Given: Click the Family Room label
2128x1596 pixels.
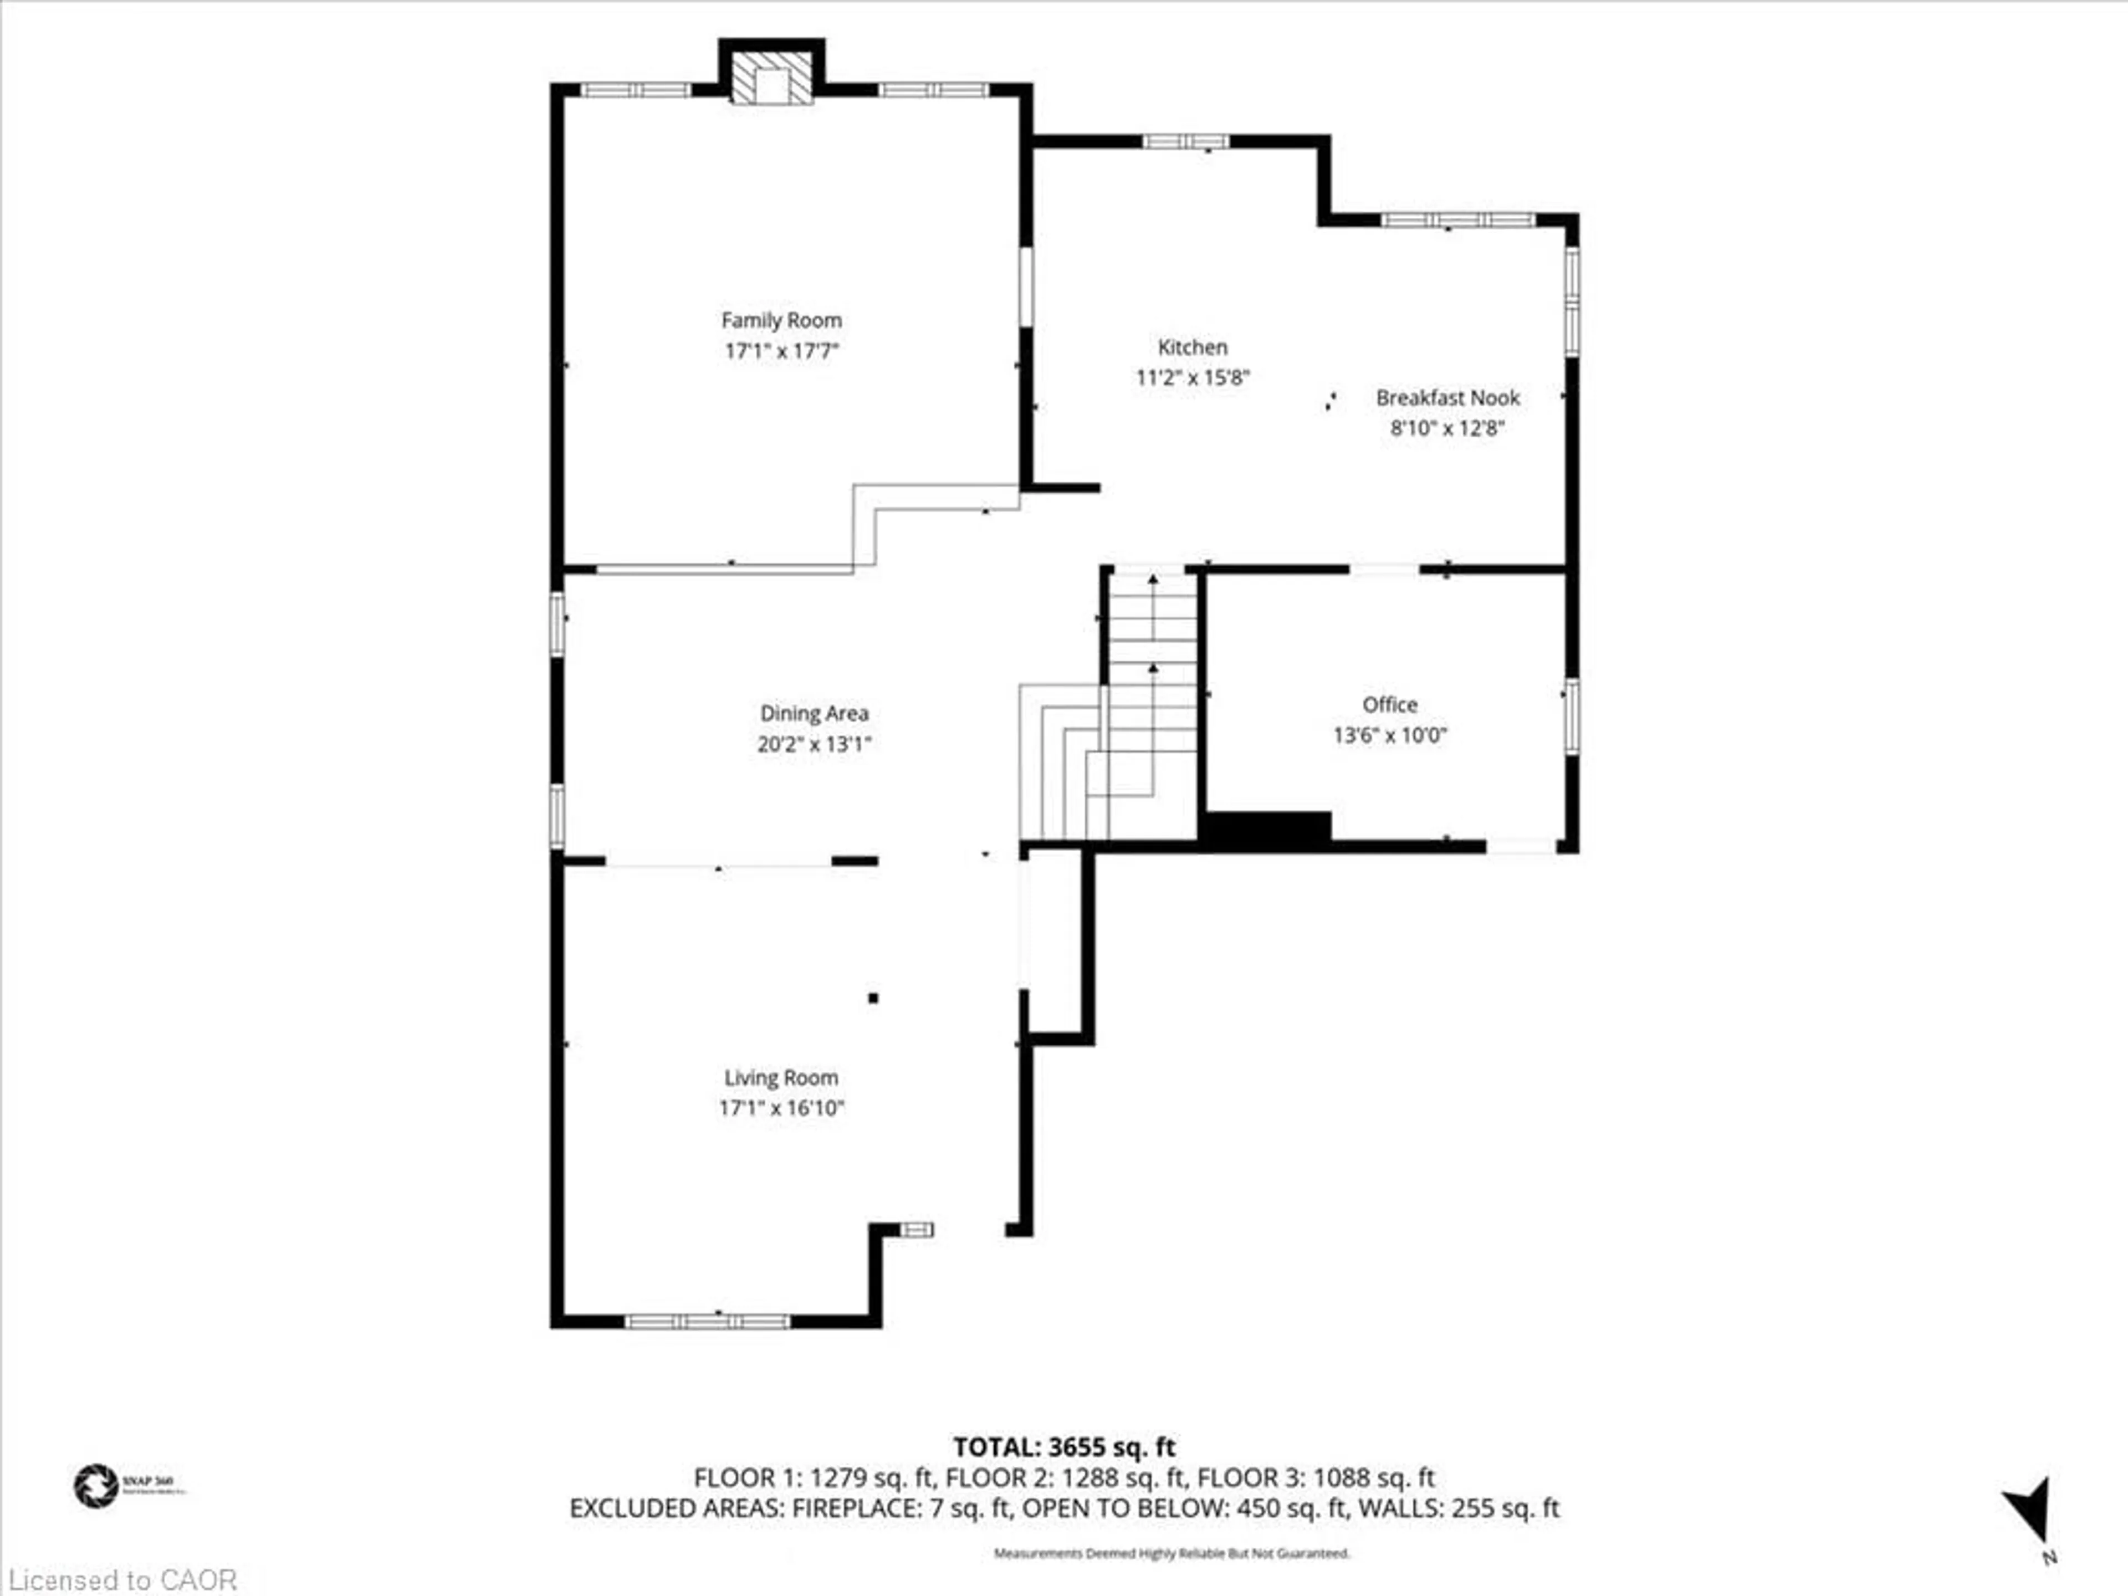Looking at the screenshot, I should pyautogui.click(x=781, y=320).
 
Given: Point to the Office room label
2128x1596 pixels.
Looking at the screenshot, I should pyautogui.click(x=1389, y=704).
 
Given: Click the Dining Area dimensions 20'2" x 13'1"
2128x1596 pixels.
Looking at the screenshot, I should pyautogui.click(x=814, y=744).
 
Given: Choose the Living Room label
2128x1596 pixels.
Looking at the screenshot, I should pyautogui.click(x=781, y=1077).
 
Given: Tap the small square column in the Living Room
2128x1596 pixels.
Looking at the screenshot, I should pyautogui.click(x=873, y=997).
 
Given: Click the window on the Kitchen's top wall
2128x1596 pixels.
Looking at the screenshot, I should pyautogui.click(x=1185, y=141).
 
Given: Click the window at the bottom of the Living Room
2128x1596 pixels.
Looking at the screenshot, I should pyautogui.click(x=707, y=1322).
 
